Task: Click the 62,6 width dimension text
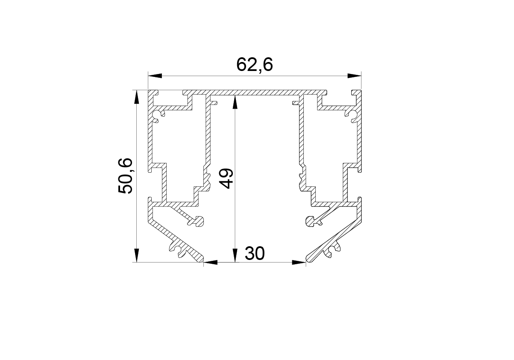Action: pyautogui.click(x=255, y=65)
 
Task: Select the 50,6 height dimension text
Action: pyautogui.click(x=126, y=176)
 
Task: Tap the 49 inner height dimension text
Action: pyautogui.click(x=226, y=179)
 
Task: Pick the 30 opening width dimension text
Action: pyautogui.click(x=255, y=254)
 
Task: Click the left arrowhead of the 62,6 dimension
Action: pyautogui.click(x=155, y=76)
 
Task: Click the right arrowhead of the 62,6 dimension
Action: pyautogui.click(x=354, y=76)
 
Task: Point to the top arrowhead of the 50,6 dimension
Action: pyautogui.click(x=137, y=97)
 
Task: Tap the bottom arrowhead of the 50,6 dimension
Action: pyautogui.click(x=137, y=255)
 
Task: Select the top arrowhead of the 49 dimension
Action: pyautogui.click(x=235, y=102)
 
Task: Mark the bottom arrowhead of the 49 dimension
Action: pyautogui.click(x=235, y=255)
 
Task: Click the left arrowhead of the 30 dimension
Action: pyautogui.click(x=210, y=262)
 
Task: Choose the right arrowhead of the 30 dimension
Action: pyautogui.click(x=299, y=262)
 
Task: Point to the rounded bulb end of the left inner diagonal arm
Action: pyautogui.click(x=199, y=221)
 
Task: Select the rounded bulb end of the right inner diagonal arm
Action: pyautogui.click(x=311, y=221)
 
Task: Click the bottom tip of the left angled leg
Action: pyautogui.click(x=203, y=262)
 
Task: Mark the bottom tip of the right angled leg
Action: pyautogui.click(x=307, y=262)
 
